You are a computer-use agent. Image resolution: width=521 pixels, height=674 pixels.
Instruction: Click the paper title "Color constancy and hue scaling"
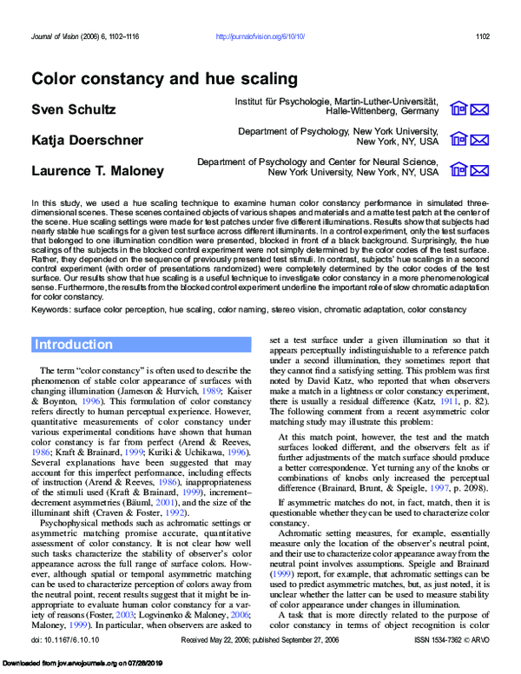pos(164,79)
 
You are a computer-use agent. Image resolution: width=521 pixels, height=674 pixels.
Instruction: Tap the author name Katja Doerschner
pos(88,140)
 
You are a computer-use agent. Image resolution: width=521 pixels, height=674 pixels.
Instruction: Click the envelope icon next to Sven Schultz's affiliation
pos(479,109)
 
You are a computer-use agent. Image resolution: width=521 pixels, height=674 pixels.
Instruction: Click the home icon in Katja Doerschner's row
pos(458,139)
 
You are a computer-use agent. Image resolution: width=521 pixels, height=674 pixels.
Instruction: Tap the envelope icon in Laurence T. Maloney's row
pos(479,169)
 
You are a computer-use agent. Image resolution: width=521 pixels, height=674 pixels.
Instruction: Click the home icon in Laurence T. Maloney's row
pos(458,169)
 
